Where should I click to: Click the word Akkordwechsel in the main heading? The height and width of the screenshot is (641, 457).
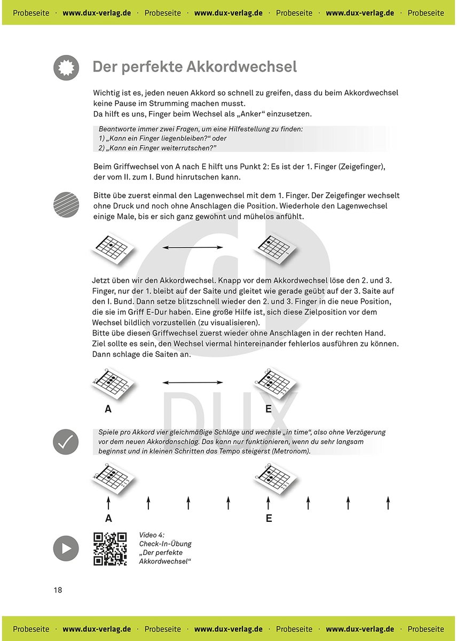click(x=242, y=67)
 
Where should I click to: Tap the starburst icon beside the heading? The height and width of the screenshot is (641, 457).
click(x=66, y=67)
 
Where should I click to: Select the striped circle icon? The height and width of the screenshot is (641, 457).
click(x=66, y=205)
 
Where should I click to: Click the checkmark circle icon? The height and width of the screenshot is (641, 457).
click(x=66, y=442)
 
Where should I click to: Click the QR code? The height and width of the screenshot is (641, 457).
click(x=110, y=549)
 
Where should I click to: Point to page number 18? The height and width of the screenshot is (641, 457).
click(x=58, y=590)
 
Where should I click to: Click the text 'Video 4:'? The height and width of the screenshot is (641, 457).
click(x=152, y=535)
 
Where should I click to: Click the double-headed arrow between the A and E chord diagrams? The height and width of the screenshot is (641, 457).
click(x=193, y=382)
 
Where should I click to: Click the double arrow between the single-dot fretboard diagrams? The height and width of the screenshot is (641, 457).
click(x=193, y=247)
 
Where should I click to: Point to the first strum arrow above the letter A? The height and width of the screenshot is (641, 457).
click(x=108, y=503)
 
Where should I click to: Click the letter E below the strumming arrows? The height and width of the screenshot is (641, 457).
click(x=269, y=518)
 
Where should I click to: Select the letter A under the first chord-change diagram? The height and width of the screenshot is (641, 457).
click(x=108, y=409)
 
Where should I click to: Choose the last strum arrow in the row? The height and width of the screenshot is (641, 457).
click(x=388, y=503)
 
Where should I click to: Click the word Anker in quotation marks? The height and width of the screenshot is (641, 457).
click(x=251, y=114)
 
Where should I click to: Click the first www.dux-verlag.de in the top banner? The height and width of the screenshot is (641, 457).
click(x=97, y=13)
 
